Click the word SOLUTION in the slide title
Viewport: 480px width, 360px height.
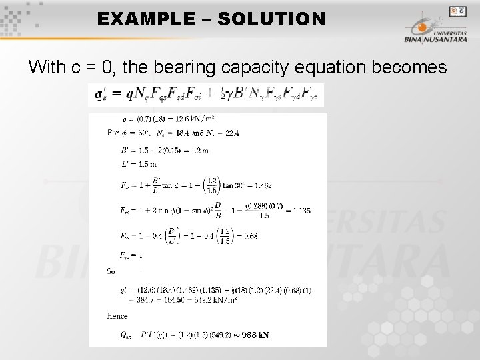(x=271, y=19)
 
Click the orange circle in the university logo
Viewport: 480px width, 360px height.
(x=421, y=27)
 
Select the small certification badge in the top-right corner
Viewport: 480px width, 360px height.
(x=457, y=11)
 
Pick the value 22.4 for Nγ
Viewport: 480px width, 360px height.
(x=231, y=133)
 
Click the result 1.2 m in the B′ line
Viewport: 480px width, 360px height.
(x=199, y=151)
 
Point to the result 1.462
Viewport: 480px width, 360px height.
(x=261, y=185)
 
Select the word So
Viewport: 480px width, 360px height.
(x=111, y=271)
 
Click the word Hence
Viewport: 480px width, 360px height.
(x=117, y=316)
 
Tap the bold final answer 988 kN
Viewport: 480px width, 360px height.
(x=255, y=335)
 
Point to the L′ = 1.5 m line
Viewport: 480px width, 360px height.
(x=139, y=164)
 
